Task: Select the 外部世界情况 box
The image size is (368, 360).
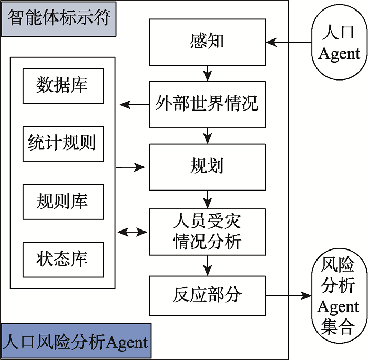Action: pos(207,104)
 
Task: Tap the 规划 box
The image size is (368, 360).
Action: pos(207,167)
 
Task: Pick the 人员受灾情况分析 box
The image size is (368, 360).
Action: pos(207,232)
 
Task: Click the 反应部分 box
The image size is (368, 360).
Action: pos(207,295)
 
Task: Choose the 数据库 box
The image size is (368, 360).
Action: pos(63,86)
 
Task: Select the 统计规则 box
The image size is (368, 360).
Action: pos(63,143)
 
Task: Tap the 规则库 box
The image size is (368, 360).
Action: pos(63,202)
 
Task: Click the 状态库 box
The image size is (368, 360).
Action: pos(63,259)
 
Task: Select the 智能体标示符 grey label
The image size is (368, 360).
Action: pos(59,19)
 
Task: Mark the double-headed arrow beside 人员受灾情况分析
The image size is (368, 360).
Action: pos(133,232)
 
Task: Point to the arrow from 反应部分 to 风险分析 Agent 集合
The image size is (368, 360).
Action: pos(287,296)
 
